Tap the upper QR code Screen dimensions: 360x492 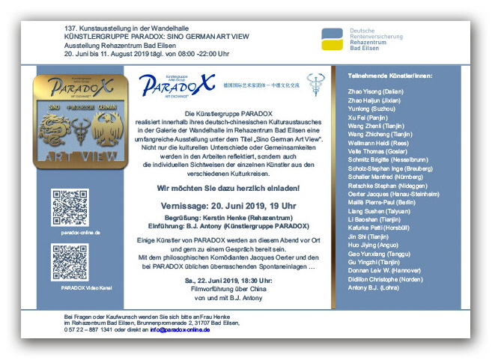click(x=70, y=208)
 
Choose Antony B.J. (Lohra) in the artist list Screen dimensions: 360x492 click(x=374, y=287)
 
